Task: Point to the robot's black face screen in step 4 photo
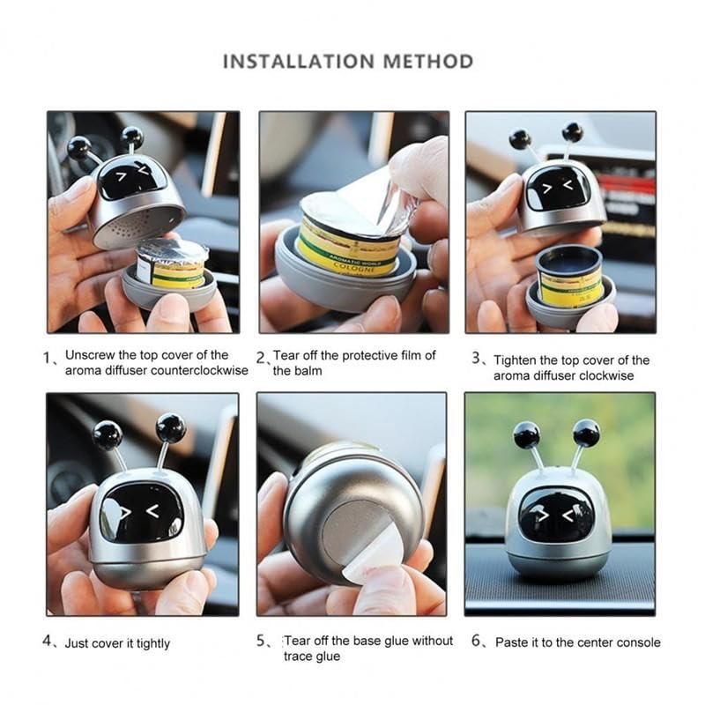[x=142, y=512]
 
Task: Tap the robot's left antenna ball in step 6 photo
[x=526, y=434]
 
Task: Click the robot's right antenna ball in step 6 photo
[x=586, y=433]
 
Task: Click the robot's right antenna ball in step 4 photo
[x=171, y=428]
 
